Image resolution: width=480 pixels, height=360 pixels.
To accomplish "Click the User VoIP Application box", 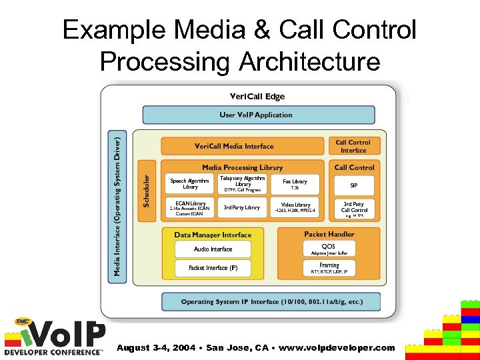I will point(256,115).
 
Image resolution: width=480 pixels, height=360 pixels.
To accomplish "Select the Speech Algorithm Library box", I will point(190,184).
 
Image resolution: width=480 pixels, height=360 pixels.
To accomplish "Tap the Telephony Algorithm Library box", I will point(242,184).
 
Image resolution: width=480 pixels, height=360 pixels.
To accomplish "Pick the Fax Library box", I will point(295,184).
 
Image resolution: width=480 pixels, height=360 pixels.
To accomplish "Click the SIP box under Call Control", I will point(354,185).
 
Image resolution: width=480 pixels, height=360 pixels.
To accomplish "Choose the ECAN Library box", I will point(190,207).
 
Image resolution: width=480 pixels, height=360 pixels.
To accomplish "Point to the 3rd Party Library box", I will point(242,207).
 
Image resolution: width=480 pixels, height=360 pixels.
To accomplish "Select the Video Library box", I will point(295,207).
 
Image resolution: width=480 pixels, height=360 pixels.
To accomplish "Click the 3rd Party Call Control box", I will point(354,208).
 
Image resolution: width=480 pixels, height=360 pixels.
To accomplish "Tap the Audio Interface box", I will point(213,249).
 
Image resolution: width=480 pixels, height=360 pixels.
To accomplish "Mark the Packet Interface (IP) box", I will point(213,268).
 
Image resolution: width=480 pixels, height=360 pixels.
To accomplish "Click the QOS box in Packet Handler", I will point(329,249).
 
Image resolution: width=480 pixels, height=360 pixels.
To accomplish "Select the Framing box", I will point(329,268).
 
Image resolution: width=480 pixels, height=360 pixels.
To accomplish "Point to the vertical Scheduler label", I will point(147,190).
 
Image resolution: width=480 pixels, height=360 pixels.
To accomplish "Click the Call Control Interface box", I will point(353,146).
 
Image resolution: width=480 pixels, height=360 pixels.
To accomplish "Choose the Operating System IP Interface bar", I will point(271,302).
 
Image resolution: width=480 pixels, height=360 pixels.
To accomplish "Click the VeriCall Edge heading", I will point(257,97).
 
